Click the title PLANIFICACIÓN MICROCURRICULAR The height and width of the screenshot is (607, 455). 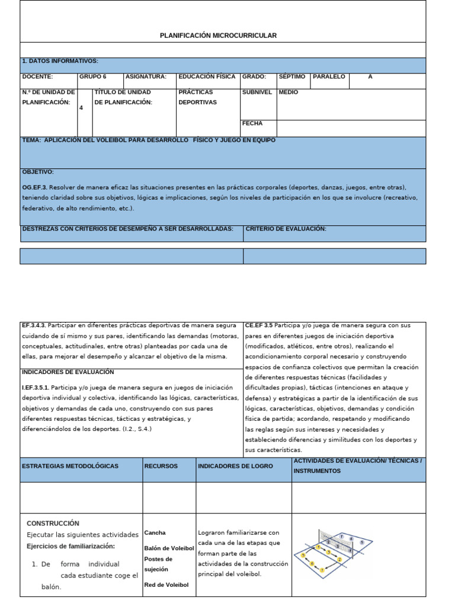click(x=218, y=36)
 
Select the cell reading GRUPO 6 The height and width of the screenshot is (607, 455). click(x=93, y=76)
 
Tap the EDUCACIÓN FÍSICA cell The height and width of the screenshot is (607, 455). click(x=207, y=76)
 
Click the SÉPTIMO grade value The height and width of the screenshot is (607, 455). click(x=292, y=76)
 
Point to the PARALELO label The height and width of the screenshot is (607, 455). click(x=329, y=76)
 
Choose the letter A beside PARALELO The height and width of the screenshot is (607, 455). click(x=370, y=76)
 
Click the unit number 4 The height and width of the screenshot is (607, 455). click(x=81, y=108)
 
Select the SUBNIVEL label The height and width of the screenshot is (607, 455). click(x=257, y=92)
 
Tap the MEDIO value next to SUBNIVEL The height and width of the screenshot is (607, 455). click(x=289, y=92)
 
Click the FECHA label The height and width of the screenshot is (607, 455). click(x=252, y=124)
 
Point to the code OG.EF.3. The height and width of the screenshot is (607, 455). click(x=35, y=187)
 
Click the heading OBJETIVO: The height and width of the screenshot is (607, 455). click(x=38, y=172)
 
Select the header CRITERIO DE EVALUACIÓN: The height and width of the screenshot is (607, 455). click(x=286, y=229)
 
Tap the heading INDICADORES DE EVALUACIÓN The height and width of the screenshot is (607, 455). click(x=68, y=372)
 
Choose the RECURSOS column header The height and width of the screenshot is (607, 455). click(x=161, y=466)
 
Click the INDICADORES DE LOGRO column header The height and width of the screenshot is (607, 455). click(x=235, y=466)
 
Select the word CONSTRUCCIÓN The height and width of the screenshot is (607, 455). click(x=53, y=523)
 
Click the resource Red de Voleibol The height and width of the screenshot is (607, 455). click(x=166, y=585)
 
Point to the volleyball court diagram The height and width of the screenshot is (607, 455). click(x=335, y=551)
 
